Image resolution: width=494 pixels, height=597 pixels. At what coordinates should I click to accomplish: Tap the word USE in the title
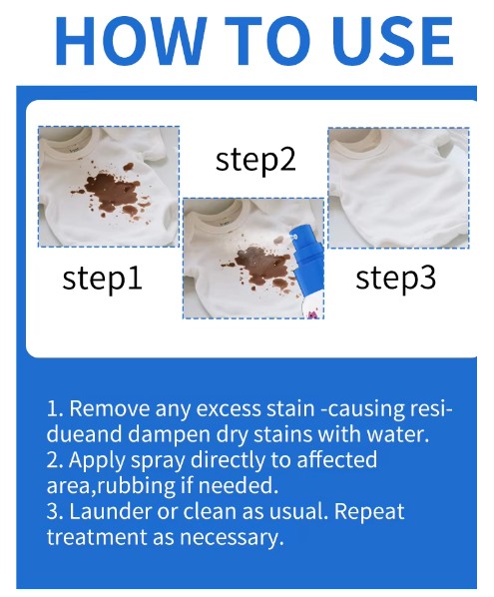point(395,42)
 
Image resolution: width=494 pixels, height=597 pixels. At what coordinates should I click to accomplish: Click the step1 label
point(102,279)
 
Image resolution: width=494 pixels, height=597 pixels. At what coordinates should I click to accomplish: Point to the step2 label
point(255,160)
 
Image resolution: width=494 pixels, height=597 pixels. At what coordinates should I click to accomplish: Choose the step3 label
point(395,278)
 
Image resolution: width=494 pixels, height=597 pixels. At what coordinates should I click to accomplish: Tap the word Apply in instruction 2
point(97,460)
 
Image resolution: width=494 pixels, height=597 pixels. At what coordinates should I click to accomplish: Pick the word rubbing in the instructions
point(137,486)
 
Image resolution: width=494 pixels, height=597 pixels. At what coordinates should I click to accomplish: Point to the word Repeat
point(369,511)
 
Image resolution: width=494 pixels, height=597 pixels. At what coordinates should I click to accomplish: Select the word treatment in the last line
point(97,537)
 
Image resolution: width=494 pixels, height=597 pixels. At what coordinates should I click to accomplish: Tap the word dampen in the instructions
point(168,434)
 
